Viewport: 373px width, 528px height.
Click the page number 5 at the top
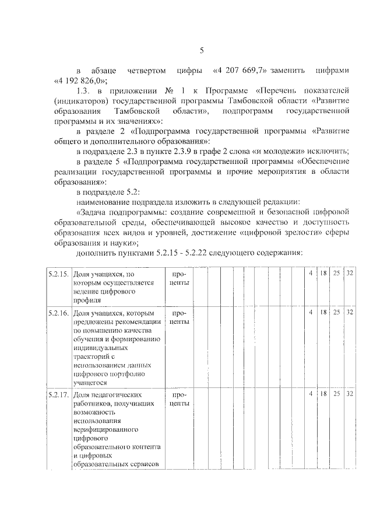[201, 50]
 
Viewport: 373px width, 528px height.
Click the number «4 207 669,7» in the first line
[240, 71]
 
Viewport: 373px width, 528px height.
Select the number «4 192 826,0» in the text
[80, 81]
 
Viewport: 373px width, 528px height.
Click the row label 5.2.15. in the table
[58, 274]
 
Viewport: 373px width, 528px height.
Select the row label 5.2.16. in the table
[58, 313]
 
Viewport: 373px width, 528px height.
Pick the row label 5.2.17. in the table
[58, 394]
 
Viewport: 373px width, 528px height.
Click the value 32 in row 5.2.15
[350, 274]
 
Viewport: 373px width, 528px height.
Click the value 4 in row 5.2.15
[311, 274]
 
